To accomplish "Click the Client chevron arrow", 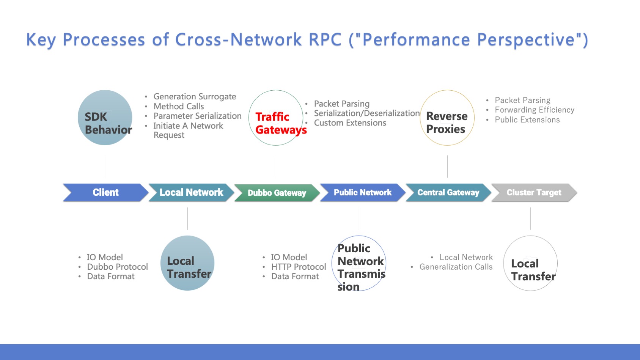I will [105, 192].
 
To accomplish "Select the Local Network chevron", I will [191, 192].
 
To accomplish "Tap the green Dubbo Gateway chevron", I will [277, 193].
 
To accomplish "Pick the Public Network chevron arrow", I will [362, 192].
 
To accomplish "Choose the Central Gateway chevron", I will [448, 192].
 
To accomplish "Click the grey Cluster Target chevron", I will [534, 192].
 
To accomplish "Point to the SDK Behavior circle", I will [105, 118].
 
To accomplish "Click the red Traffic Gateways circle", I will [276, 118].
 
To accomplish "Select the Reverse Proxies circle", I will [447, 118].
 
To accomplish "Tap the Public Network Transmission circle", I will [359, 263].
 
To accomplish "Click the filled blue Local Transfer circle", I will [187, 263].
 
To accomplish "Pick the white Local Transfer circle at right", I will [530, 263].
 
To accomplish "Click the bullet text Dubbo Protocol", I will [117, 267].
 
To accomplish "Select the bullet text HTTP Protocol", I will [299, 267].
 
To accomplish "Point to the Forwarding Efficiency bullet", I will [534, 110].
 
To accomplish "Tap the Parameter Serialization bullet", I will [197, 116].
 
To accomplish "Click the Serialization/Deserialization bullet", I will [366, 113].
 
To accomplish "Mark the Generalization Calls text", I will [456, 267].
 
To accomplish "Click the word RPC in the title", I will [325, 39].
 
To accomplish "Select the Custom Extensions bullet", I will [350, 123].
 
